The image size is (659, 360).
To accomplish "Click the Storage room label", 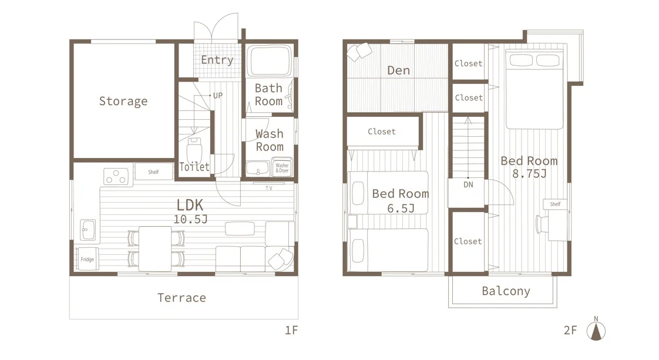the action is point(123,101).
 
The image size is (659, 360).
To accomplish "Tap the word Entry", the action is point(217,60).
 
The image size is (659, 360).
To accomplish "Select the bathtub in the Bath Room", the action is point(270,60).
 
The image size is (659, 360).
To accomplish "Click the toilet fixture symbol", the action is point(194,150).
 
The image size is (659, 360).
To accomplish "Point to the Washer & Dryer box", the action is point(282,168).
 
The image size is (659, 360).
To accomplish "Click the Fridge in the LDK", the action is point(88,259).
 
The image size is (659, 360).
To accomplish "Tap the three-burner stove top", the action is point(116,177).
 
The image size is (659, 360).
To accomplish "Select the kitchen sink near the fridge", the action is point(88,230).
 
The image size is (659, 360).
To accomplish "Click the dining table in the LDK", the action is point(155,248).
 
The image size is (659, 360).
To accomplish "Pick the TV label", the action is point(269,188).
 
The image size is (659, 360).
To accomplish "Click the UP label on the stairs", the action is point(218,96).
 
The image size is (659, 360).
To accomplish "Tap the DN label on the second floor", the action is point(468,184).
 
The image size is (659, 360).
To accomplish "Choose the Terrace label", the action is point(181,298).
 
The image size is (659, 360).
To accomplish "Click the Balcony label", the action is point(506,291).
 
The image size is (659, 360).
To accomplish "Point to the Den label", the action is point(398,70).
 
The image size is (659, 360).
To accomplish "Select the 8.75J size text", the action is point(530,173).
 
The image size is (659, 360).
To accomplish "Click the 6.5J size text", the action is point(401,208).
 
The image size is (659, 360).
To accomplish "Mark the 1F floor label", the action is point(291,330).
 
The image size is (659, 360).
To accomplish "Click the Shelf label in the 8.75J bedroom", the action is point(555,204).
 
